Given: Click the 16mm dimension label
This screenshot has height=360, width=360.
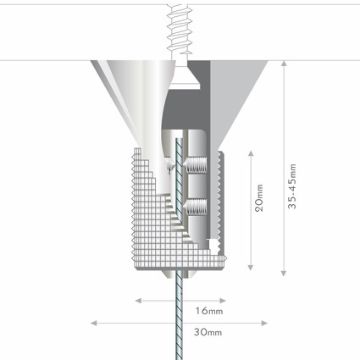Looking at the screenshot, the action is click(x=209, y=311).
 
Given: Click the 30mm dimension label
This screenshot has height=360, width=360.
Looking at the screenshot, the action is click(x=208, y=332).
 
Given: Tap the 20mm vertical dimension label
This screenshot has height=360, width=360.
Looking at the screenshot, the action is click(x=259, y=198).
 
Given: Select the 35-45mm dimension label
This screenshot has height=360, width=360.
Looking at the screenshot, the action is click(x=292, y=186).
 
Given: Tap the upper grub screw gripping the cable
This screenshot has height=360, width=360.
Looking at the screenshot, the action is click(x=195, y=165).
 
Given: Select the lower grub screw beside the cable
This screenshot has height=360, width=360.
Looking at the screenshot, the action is click(x=195, y=208).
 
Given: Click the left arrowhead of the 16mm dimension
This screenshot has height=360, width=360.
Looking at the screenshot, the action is click(x=138, y=301).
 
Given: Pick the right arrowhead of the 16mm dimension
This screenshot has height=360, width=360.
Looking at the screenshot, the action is click(x=223, y=301).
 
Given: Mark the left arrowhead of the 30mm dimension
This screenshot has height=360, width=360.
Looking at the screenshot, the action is click(x=93, y=323).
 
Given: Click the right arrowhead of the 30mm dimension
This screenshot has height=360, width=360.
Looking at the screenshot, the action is click(x=264, y=323).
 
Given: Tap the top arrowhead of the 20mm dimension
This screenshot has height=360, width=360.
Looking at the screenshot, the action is click(x=251, y=153).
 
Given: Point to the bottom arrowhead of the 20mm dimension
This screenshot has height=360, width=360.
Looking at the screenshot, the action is click(x=251, y=267).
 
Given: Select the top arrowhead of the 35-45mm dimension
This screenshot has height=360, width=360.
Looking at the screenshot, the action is click(x=284, y=64).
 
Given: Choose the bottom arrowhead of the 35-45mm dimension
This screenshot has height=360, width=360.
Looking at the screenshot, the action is click(x=284, y=273).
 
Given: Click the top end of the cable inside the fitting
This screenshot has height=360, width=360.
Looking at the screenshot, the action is click(x=179, y=139).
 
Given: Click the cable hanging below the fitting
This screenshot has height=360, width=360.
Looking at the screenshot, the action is click(x=179, y=315).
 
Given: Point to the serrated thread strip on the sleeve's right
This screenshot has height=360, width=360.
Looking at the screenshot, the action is click(x=219, y=197).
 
